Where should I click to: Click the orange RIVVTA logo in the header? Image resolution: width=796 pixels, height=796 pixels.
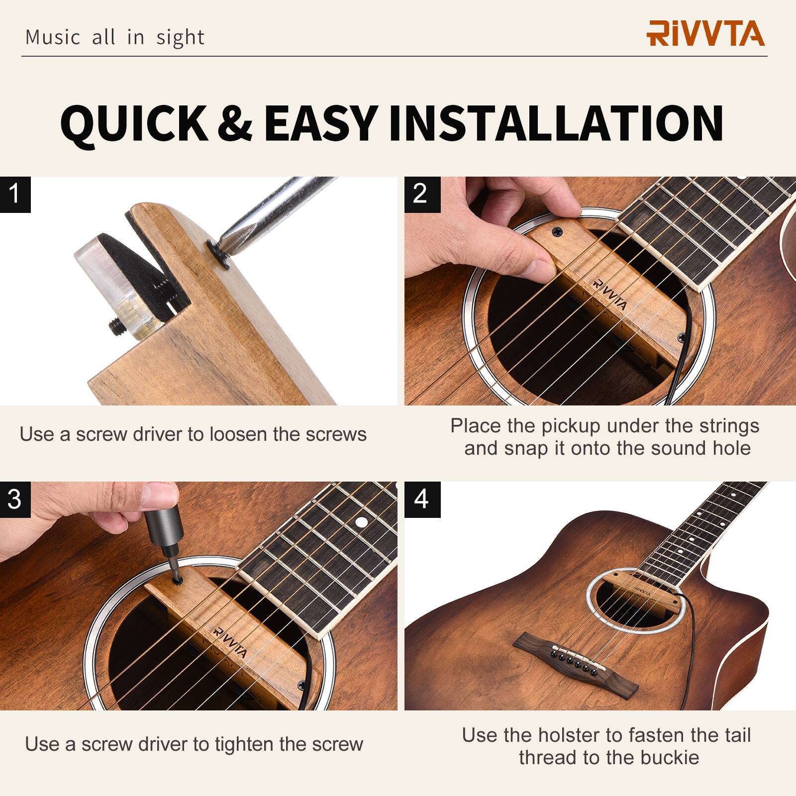click(705, 33)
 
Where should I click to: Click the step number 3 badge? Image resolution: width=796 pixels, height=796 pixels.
click(15, 499)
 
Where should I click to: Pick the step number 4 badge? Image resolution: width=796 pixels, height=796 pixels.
click(421, 499)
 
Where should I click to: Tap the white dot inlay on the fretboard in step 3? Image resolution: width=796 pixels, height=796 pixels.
click(362, 522)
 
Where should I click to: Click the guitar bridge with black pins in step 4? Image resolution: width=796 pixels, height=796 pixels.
click(570, 659)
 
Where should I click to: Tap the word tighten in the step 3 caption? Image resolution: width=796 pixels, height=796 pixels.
click(244, 745)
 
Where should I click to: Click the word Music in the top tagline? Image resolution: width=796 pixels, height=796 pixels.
click(52, 38)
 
